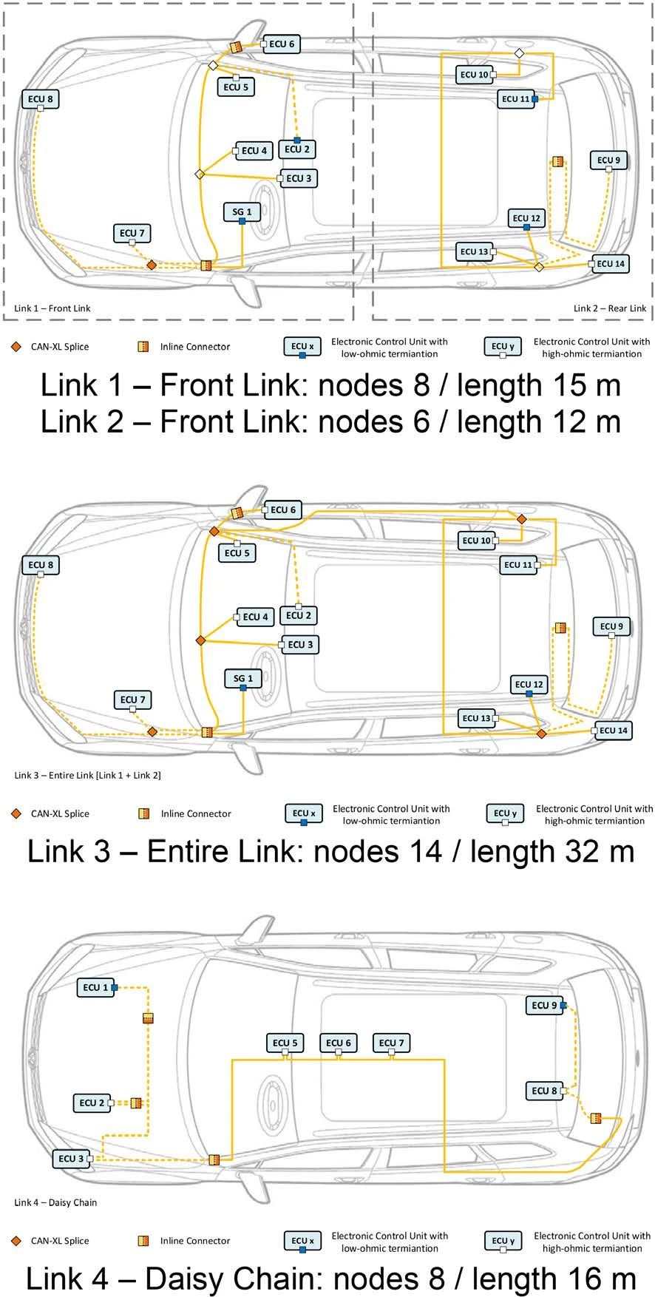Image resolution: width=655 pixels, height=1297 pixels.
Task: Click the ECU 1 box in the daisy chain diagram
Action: pos(95,987)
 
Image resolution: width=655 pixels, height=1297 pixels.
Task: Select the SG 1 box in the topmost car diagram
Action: pos(242,211)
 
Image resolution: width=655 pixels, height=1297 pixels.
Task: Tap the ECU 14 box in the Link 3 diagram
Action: pos(613,730)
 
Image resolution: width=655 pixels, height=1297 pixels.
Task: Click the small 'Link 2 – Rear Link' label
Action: pos(609,308)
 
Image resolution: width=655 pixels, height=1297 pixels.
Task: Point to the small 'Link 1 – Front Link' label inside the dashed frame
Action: pos(52,308)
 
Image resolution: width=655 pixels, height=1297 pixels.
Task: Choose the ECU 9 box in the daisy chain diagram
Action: pos(545,1005)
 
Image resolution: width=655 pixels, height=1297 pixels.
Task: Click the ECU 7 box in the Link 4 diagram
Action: pos(391,1043)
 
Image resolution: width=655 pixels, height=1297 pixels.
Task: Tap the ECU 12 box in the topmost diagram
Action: pos(527,218)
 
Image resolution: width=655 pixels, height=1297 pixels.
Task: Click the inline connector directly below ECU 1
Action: pos(148,1018)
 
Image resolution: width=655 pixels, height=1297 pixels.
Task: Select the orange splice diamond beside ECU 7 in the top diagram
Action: pos(152,264)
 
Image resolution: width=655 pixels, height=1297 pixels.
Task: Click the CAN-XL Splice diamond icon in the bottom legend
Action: pos(16,1240)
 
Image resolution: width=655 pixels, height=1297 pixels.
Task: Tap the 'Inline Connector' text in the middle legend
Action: pos(196,813)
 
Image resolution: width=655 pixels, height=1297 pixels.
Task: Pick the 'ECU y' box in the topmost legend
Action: pos(503,346)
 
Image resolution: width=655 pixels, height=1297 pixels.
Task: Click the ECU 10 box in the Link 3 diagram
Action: pos(475,541)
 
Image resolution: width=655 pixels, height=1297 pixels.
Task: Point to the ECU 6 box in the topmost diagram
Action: pos(282,44)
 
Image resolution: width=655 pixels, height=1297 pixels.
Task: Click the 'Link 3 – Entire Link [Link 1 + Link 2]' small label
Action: pos(87,775)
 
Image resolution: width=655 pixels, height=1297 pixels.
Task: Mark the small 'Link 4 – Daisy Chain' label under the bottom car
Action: pos(55,1202)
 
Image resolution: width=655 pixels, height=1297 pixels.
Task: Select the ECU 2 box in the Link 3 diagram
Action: pos(298,615)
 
